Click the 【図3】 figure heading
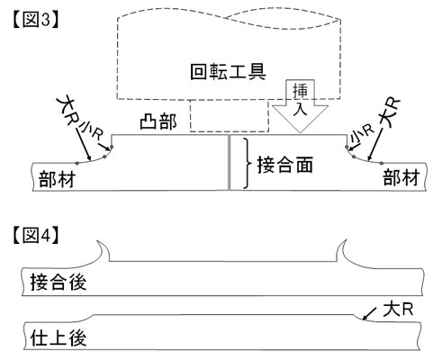[x=35, y=21]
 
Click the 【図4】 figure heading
[x=35, y=236]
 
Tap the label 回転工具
[x=228, y=72]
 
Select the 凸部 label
[x=158, y=121]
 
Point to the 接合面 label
[x=285, y=165]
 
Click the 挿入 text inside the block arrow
[x=300, y=99]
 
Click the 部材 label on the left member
[x=57, y=179]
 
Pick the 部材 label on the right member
[x=401, y=177]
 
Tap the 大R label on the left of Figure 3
[x=68, y=111]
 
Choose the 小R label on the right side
[x=363, y=134]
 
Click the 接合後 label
[x=59, y=282]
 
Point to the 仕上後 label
[x=59, y=337]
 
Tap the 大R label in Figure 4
[x=398, y=309]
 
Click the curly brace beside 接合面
[x=248, y=164]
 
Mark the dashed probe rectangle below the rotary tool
[x=230, y=116]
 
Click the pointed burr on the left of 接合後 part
[x=103, y=250]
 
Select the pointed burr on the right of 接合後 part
[x=341, y=250]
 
